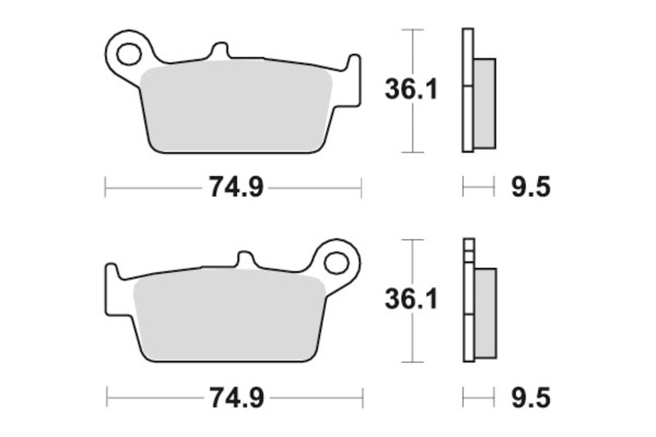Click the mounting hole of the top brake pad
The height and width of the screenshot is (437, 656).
coord(128,55)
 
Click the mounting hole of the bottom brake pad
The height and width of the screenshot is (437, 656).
coord(335,263)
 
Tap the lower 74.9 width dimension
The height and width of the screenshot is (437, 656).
coord(235,398)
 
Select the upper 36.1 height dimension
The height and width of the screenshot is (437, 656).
coord(411,90)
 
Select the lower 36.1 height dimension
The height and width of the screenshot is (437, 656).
coord(411,300)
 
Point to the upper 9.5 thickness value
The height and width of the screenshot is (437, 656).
coord(531,188)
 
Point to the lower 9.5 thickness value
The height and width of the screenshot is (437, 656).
coord(531,398)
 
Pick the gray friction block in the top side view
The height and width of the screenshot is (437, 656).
coord(485,103)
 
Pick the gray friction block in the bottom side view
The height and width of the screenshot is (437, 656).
coord(485,313)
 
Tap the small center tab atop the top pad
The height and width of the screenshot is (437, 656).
coord(219,52)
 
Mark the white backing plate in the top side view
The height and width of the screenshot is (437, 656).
coord(467,90)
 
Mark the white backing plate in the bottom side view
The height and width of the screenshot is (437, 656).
coord(468,303)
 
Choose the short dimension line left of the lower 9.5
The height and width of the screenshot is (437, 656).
coord(479,398)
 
